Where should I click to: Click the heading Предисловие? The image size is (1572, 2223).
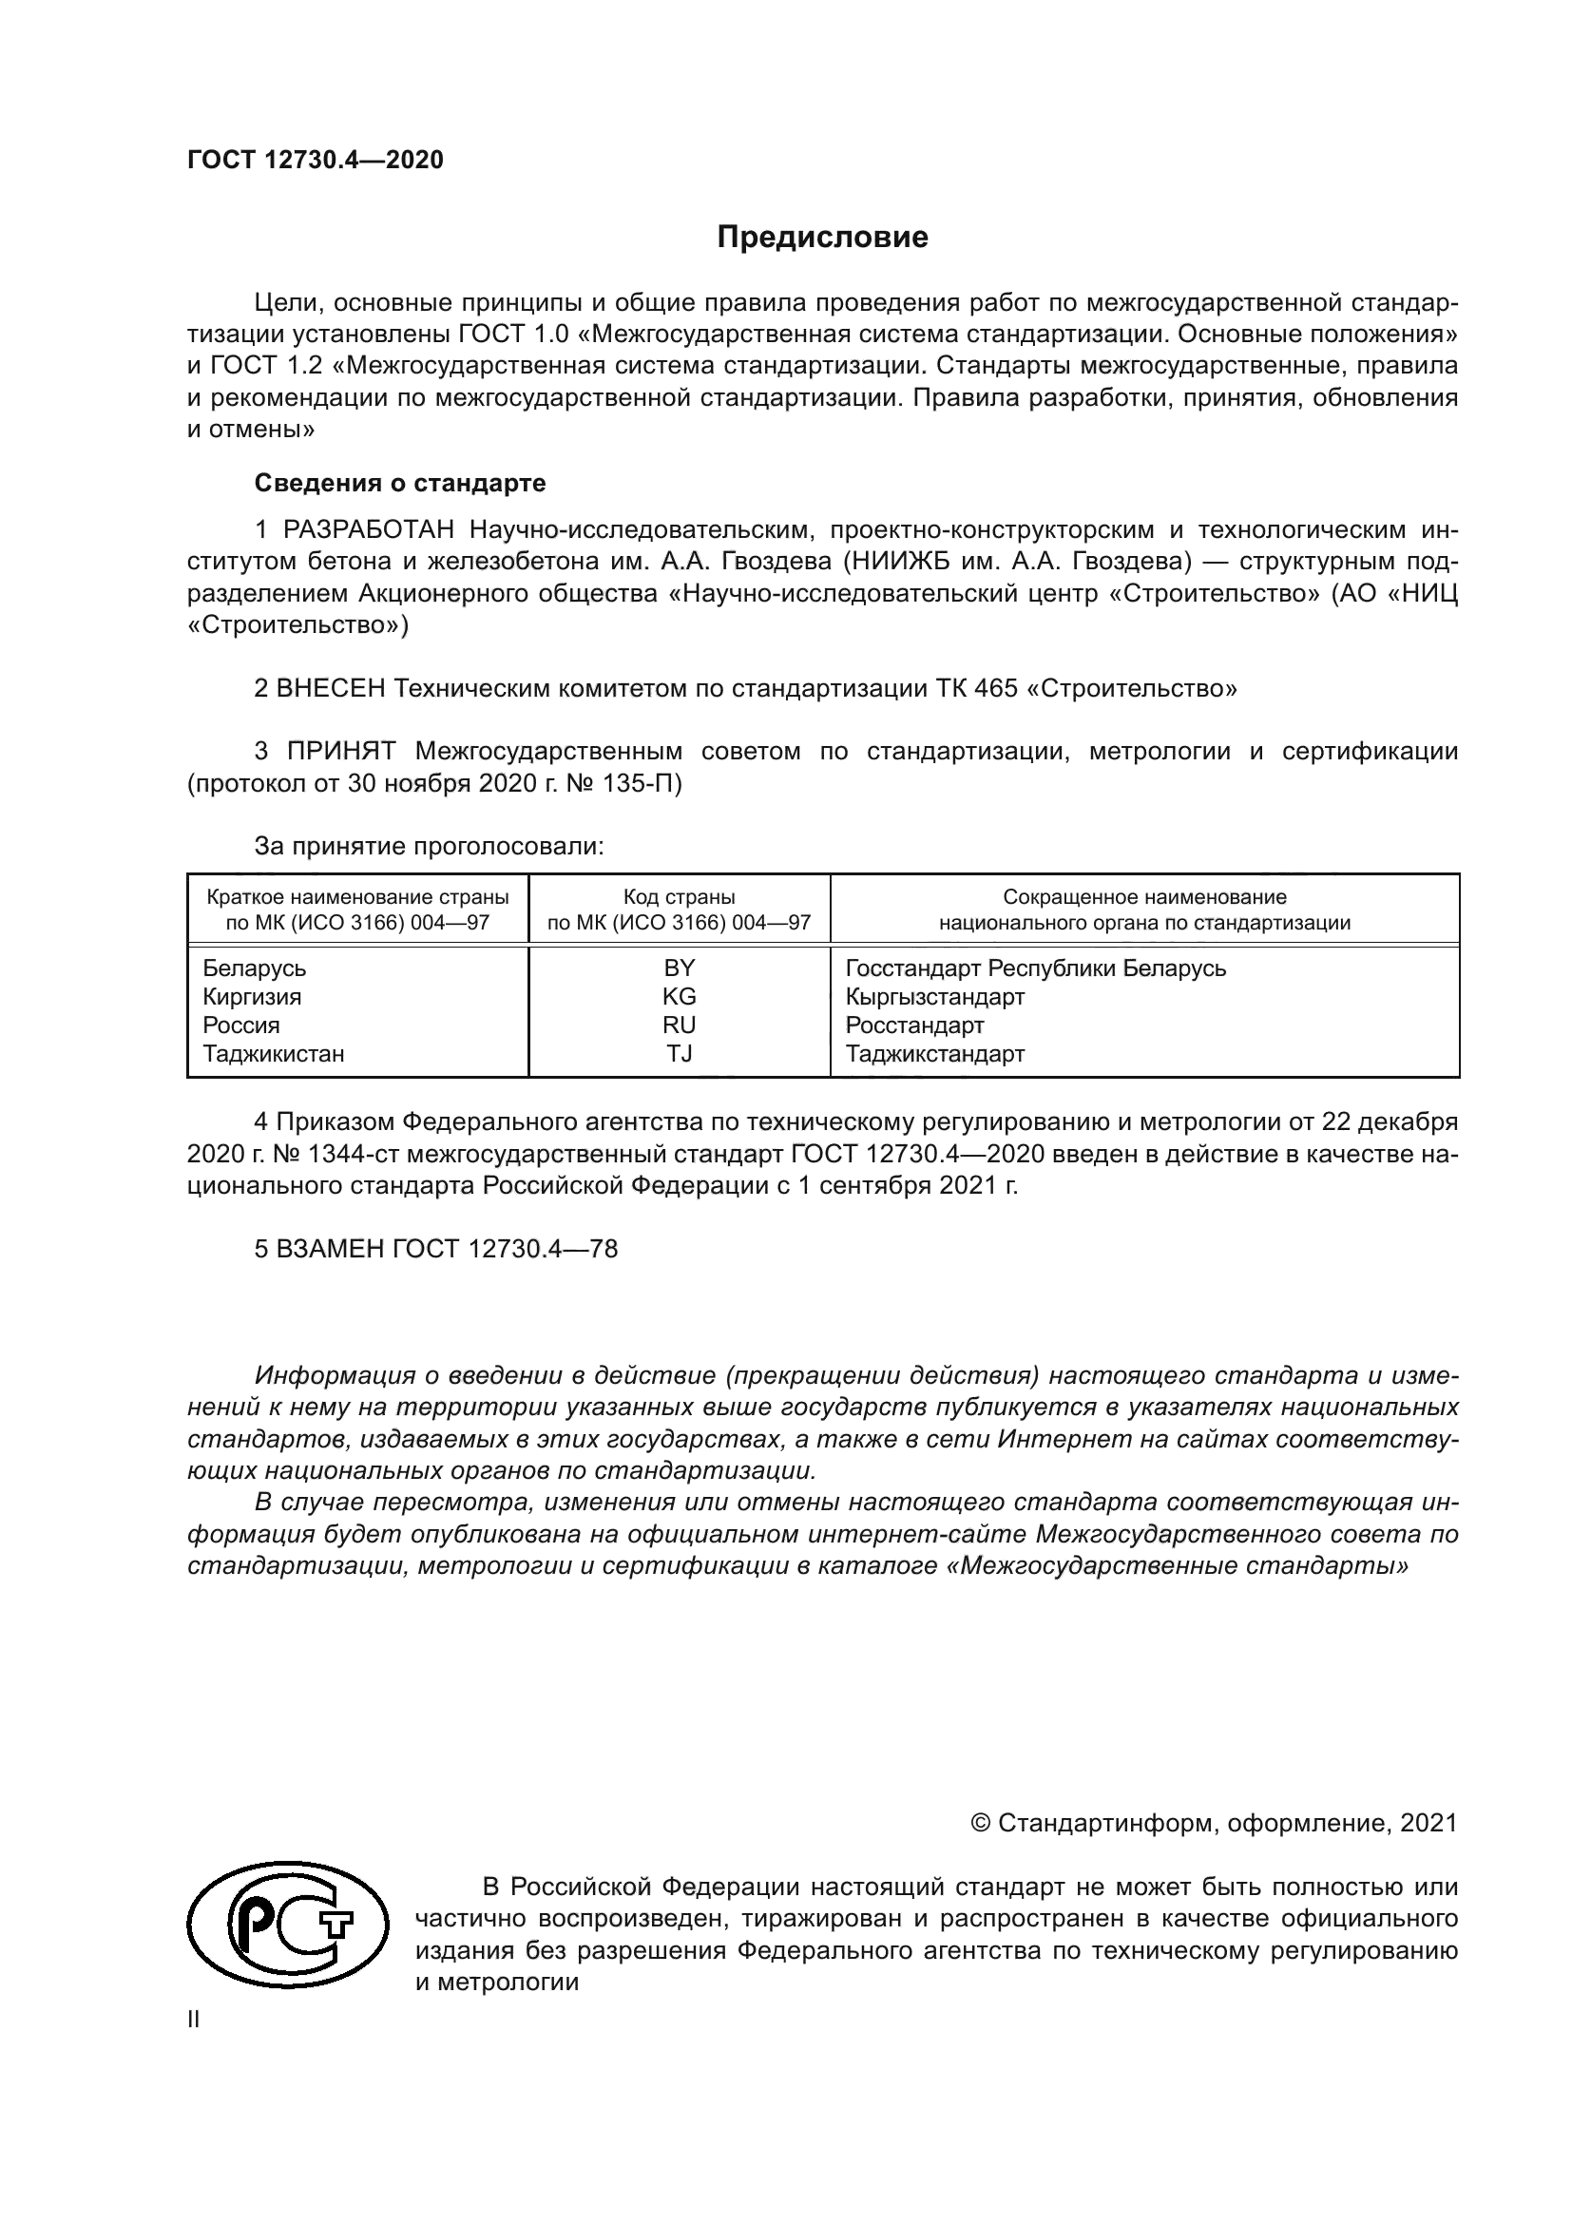click(822, 238)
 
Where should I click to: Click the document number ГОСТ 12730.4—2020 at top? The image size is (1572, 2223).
click(316, 161)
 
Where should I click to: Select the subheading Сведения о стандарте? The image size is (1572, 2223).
click(400, 482)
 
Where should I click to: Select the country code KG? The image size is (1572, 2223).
click(679, 996)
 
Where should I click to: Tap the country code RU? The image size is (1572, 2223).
click(679, 1025)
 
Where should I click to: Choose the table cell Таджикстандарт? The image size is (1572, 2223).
click(934, 1053)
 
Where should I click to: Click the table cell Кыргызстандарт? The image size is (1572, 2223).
click(934, 996)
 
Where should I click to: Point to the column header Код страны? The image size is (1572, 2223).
click(679, 897)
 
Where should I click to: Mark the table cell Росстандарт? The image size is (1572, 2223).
click(913, 1025)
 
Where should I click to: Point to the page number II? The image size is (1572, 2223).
click(194, 2019)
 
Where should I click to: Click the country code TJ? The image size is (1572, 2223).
click(679, 1053)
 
